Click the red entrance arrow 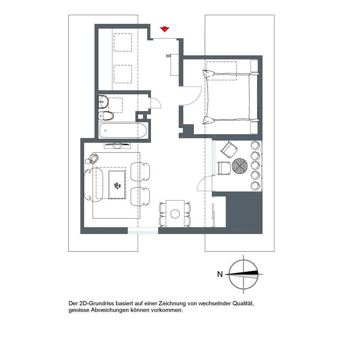(165, 29)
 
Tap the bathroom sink (103, 102)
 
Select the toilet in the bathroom (106, 116)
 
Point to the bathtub (123, 131)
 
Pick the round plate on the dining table (175, 214)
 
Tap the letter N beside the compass (220, 274)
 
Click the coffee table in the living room (117, 185)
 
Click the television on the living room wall (117, 145)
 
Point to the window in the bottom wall (143, 230)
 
